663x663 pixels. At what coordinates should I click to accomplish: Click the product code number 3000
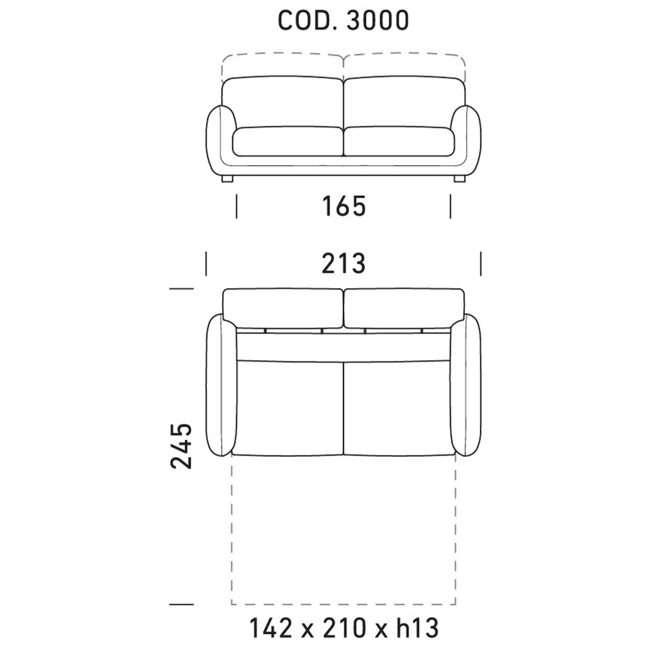tap(378, 20)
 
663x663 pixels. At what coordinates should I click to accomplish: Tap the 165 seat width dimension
tap(344, 206)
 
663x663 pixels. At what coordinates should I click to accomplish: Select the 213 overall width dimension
tap(343, 263)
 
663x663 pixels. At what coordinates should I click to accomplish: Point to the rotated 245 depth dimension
tap(181, 446)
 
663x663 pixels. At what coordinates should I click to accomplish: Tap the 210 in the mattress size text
tap(344, 628)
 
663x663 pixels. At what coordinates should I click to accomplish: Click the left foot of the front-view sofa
tap(227, 179)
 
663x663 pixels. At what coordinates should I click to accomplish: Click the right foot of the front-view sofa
tap(459, 179)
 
